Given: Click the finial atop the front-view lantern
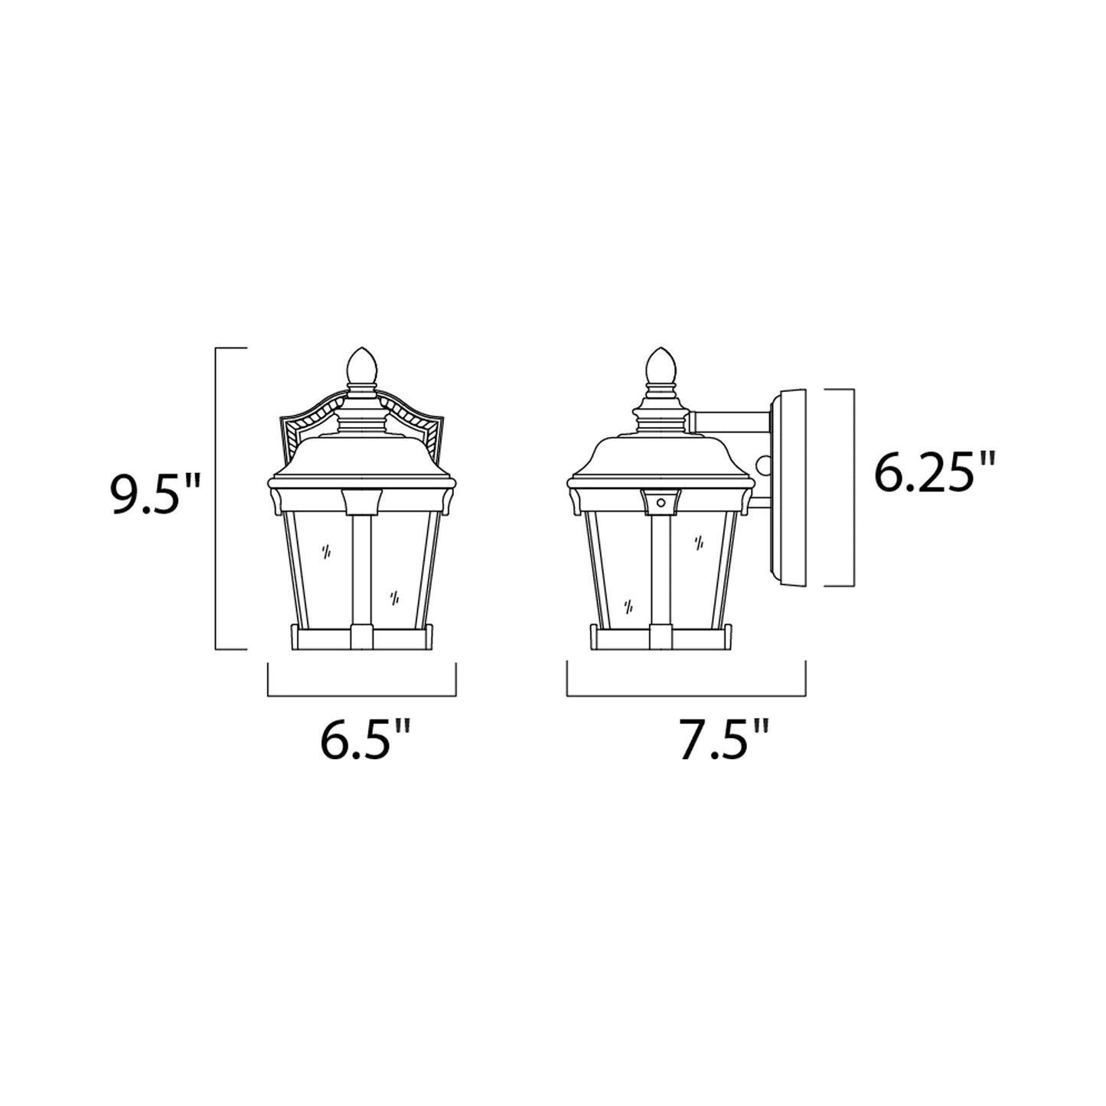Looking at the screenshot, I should pos(363,367).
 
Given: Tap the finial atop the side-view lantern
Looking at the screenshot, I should pos(661,367).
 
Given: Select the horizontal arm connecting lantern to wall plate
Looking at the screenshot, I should pos(730,419).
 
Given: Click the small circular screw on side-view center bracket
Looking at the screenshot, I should pos(661,503).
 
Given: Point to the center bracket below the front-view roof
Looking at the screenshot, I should pos(363,501).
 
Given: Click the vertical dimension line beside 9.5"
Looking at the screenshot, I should pos(217,498).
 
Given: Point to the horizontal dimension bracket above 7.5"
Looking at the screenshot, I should pos(686,695).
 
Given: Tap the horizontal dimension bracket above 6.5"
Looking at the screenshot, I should pos(362,695).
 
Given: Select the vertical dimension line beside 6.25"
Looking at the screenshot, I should pos(853,488).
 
